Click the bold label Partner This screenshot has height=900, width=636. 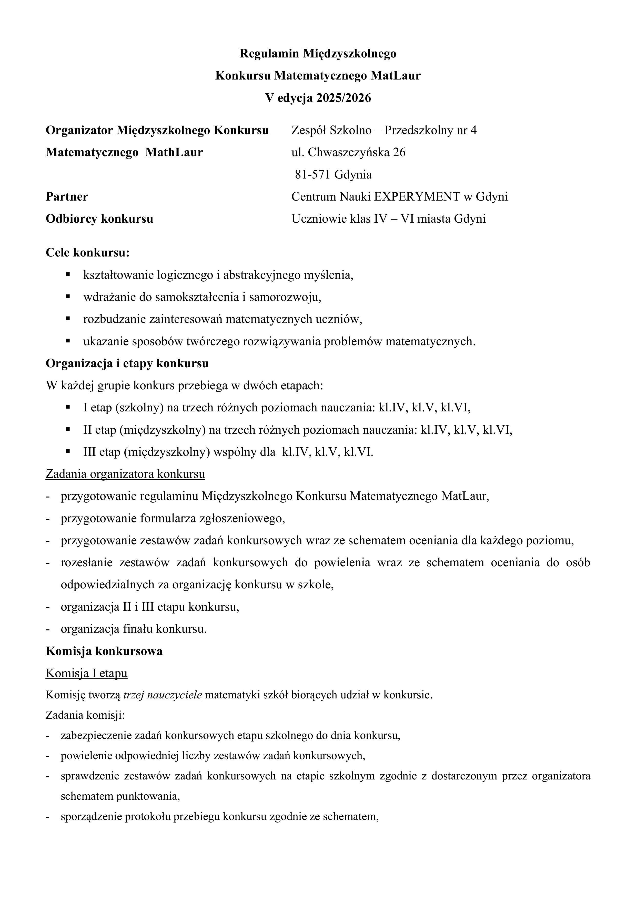click(67, 196)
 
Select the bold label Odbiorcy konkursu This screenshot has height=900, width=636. click(99, 219)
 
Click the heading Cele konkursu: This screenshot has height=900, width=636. click(87, 253)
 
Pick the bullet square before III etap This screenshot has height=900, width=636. click(68, 452)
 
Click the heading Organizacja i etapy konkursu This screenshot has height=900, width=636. click(127, 363)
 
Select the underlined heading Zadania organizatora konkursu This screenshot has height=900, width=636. click(125, 474)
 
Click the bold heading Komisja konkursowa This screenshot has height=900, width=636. click(104, 651)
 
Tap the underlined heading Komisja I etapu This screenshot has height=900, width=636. click(87, 674)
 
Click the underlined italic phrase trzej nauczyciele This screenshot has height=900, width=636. click(162, 695)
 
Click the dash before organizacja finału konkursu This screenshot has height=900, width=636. click(48, 629)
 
